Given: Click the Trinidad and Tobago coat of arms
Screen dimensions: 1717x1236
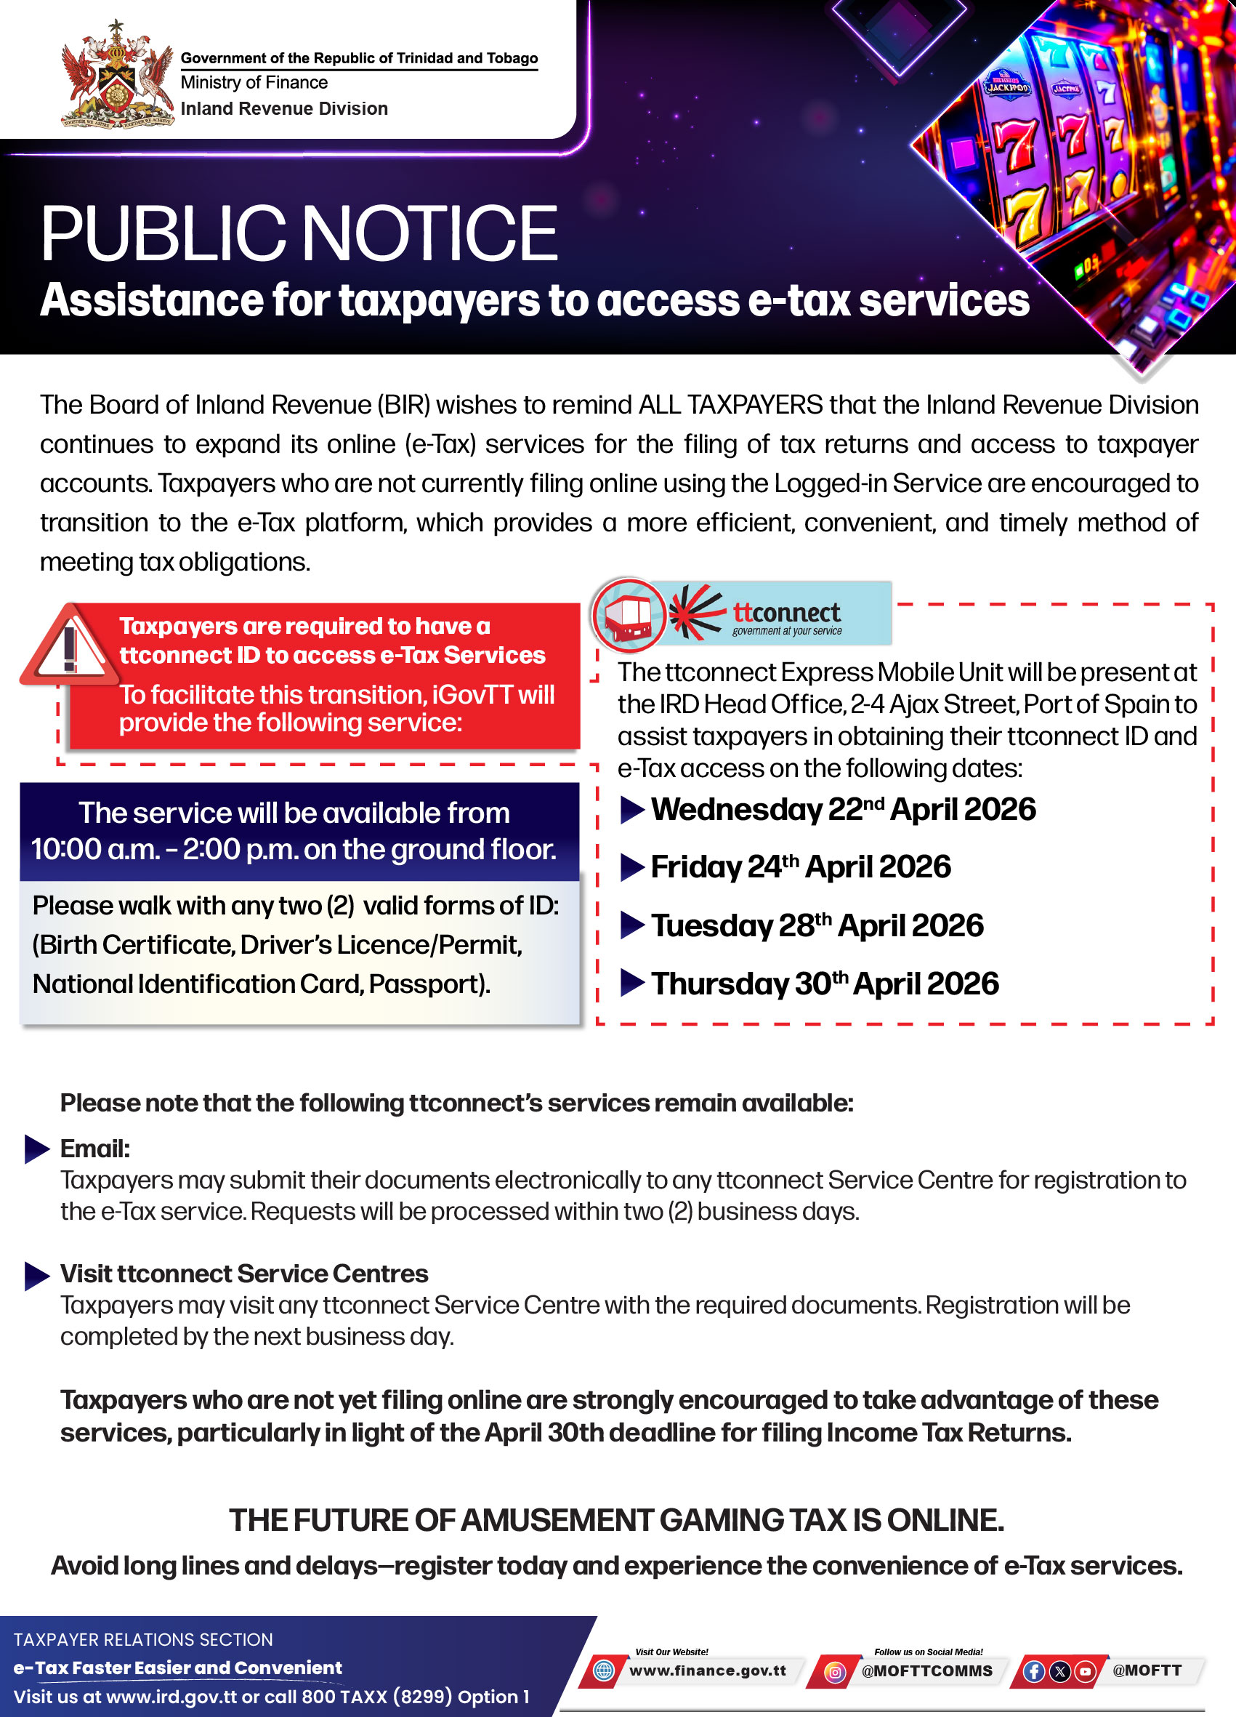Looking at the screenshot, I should tap(116, 75).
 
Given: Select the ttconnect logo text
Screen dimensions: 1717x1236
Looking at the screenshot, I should tap(786, 613).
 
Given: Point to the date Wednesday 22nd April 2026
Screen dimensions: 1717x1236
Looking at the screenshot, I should tap(842, 809).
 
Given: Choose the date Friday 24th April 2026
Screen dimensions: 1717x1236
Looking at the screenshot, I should tap(800, 866).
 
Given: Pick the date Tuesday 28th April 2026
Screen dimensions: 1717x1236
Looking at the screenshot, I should tap(817, 925).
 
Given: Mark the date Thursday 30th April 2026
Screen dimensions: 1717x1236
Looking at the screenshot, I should tap(824, 984).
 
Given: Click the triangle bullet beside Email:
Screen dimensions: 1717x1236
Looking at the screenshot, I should tap(36, 1149).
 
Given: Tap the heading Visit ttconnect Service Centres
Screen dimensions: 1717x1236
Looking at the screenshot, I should tap(243, 1274).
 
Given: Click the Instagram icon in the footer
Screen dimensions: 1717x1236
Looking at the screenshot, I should tap(834, 1672).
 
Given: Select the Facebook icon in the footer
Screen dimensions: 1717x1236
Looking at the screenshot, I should tap(1033, 1672).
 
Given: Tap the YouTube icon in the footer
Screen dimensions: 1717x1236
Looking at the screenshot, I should tap(1085, 1672).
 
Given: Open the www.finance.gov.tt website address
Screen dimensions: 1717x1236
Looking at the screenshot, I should tap(707, 1670).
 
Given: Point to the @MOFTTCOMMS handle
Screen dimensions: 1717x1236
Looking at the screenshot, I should tap(926, 1670).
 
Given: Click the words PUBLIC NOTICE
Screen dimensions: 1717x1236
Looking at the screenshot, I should tap(299, 234).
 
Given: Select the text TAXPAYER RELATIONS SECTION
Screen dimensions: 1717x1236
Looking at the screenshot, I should tap(143, 1640).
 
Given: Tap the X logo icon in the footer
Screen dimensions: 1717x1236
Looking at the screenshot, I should tap(1059, 1672).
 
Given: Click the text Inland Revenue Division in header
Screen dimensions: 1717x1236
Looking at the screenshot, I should tap(284, 109).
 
